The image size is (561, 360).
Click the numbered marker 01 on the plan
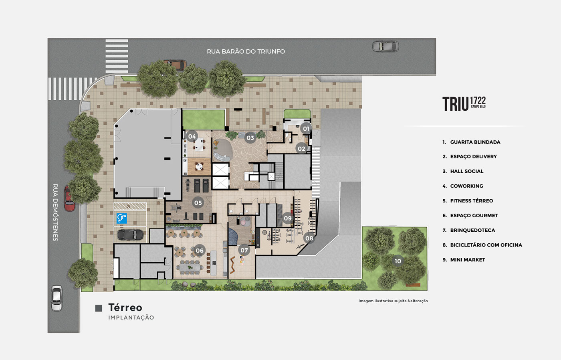click(x=306, y=129)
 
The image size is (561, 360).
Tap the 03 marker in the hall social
click(x=250, y=138)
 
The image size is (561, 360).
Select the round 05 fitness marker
click(x=198, y=203)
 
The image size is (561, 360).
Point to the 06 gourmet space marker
click(x=200, y=250)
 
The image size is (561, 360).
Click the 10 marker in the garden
click(x=398, y=261)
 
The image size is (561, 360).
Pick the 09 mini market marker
click(x=288, y=218)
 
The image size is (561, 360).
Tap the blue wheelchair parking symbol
click(x=122, y=218)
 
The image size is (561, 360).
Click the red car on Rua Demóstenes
click(x=69, y=198)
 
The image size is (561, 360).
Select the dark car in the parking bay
click(x=131, y=235)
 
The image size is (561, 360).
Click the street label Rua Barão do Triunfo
click(x=246, y=51)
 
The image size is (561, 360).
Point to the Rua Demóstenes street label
click(x=55, y=212)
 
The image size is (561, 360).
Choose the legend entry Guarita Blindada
click(x=475, y=142)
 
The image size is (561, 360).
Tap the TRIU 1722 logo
click(x=464, y=104)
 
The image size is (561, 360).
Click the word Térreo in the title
click(x=125, y=307)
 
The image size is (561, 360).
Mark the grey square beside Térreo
click(x=99, y=308)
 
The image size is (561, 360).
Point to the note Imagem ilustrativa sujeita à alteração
click(x=393, y=301)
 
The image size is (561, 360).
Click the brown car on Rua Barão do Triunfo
click(x=176, y=64)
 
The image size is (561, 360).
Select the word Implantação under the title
click(x=131, y=318)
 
